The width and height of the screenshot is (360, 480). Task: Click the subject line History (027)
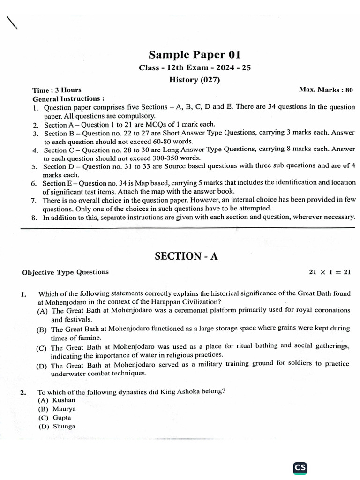pos(195,80)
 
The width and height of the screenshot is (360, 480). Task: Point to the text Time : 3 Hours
pos(57,90)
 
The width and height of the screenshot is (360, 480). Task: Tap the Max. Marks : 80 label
pos(326,90)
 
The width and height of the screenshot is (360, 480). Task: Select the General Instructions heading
pos(68,99)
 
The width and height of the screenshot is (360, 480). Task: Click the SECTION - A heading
pos(186,256)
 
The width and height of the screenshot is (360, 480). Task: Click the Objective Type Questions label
pos(65,272)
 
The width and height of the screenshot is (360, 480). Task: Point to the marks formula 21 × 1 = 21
pos(330,272)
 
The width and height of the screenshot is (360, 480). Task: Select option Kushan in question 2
pos(64,400)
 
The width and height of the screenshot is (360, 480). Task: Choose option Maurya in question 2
pos(64,409)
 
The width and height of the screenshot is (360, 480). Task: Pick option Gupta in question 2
pos(62,418)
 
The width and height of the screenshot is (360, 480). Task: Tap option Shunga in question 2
pos(64,427)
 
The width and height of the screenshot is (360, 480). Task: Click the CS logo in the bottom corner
pos(300,467)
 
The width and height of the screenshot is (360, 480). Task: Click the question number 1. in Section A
pos(23,294)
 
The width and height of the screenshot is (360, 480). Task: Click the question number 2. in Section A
pos(23,392)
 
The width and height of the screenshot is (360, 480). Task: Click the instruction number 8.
pos(34,217)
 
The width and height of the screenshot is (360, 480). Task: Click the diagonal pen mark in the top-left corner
pos(11,22)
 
